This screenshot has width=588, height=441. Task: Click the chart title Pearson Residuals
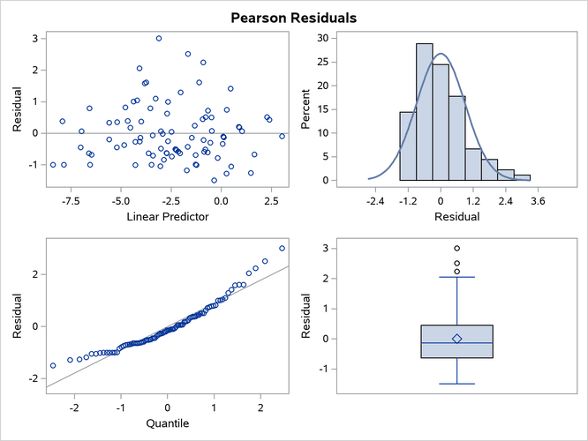click(x=293, y=17)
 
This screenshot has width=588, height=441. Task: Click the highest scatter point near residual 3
click(x=159, y=38)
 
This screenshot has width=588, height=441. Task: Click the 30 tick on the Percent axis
click(x=324, y=38)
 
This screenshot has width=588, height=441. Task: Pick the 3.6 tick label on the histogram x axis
click(x=539, y=200)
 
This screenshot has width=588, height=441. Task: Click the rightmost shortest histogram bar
click(x=523, y=177)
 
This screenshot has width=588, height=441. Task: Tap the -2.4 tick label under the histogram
click(x=376, y=200)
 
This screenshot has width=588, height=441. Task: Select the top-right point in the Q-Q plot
click(x=283, y=248)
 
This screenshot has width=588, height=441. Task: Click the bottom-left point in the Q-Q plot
click(x=53, y=365)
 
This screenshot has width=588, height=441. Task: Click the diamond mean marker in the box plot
click(x=456, y=339)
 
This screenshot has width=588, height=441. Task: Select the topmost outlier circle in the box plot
click(x=456, y=248)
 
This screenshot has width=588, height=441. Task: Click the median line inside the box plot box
click(x=456, y=342)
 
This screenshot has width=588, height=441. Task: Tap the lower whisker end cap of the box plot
click(x=456, y=384)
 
